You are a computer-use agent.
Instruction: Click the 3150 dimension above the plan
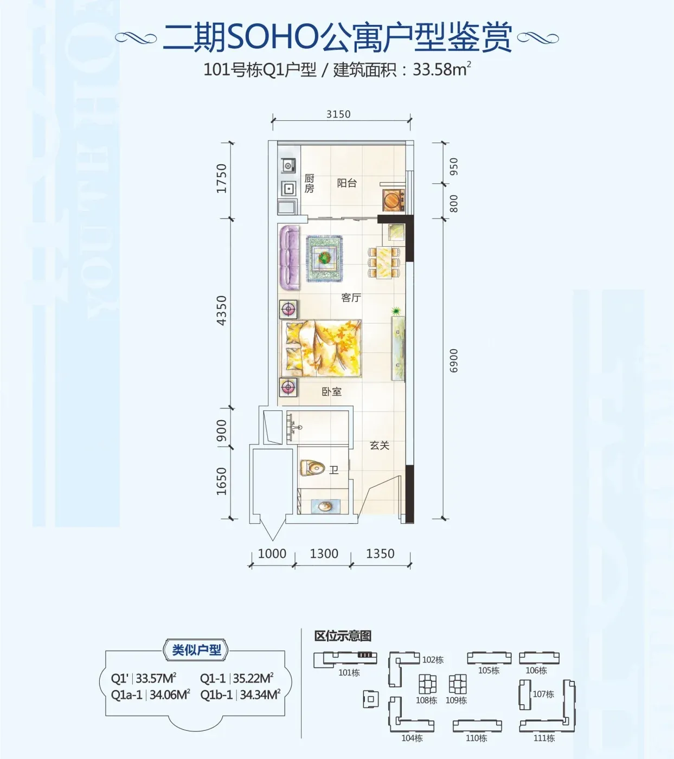pos(338,114)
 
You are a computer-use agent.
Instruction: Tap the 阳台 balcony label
pos(346,183)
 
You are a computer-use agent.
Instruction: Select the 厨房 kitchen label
pos(309,183)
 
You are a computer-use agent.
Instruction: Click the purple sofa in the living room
pos(290,258)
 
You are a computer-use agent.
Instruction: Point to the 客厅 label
pos(351,298)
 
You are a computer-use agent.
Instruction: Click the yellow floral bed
pos(322,348)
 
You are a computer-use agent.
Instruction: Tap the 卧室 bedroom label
pos(331,391)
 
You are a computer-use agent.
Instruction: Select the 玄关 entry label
pos(380,445)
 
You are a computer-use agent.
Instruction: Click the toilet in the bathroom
pos(312,468)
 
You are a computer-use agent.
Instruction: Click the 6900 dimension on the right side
pos(453,361)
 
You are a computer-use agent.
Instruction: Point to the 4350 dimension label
pos(221,311)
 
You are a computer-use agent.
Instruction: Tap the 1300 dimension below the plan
pos(324,554)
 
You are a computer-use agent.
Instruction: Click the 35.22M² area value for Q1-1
pos(253,678)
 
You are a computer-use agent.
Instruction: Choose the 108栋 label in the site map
pos(426,700)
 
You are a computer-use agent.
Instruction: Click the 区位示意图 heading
pos(343,636)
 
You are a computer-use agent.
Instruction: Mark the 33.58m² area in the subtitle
pos(442,70)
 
